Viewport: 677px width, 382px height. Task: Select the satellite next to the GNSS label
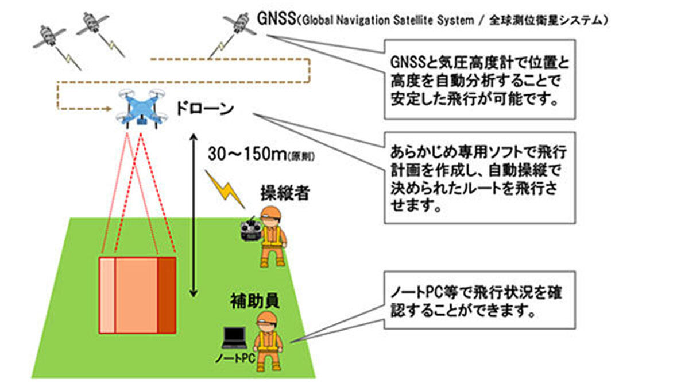(238, 24)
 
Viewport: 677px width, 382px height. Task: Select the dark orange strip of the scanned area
(167, 295)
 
